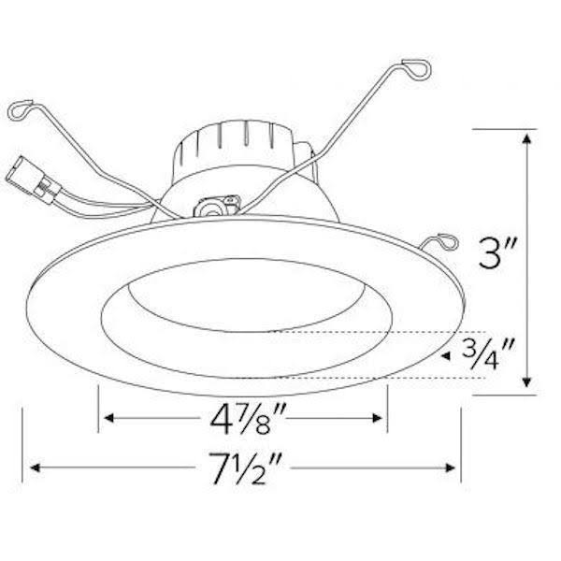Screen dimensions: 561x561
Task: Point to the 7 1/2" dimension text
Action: (x=246, y=466)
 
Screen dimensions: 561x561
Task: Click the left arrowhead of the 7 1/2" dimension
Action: (x=38, y=465)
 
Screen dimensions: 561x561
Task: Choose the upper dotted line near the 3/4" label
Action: (x=374, y=331)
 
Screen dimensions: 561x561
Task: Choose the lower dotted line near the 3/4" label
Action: (x=374, y=377)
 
